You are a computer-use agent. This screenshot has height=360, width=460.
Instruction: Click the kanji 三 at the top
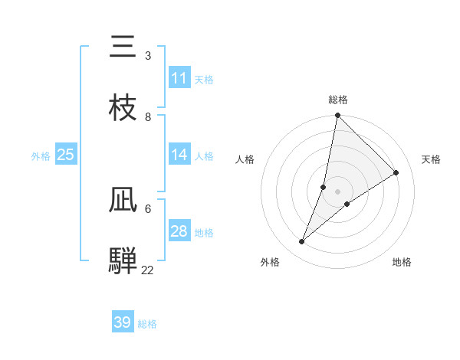[x=123, y=47]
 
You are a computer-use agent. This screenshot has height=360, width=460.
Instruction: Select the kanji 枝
[x=123, y=108]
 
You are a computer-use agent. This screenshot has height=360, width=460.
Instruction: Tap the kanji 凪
[x=123, y=200]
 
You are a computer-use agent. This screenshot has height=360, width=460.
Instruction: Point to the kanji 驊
[x=123, y=260]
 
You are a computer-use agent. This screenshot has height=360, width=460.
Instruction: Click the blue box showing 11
[x=179, y=78]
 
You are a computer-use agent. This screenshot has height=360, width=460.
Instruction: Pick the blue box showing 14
[x=179, y=155]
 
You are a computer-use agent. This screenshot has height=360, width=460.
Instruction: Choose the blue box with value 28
[x=179, y=231]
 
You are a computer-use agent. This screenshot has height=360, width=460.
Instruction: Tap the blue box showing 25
[x=66, y=155]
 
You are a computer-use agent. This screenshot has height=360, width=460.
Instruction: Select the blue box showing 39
[x=123, y=322]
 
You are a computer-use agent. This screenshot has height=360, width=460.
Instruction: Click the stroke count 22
[x=148, y=270]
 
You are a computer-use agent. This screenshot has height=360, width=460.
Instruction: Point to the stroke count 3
[x=148, y=56]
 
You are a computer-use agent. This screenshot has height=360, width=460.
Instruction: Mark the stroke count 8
[x=148, y=116]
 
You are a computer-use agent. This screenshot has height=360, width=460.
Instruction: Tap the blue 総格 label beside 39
[x=147, y=324]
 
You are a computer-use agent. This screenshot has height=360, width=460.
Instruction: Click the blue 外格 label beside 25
[x=41, y=156]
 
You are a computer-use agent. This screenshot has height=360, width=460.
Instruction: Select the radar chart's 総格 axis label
[x=338, y=100]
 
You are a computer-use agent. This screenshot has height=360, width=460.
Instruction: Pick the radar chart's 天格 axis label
[x=431, y=159]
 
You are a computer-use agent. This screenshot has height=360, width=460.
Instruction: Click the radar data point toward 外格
[x=302, y=242]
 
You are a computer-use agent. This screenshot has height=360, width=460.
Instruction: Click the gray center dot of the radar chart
[x=338, y=191]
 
